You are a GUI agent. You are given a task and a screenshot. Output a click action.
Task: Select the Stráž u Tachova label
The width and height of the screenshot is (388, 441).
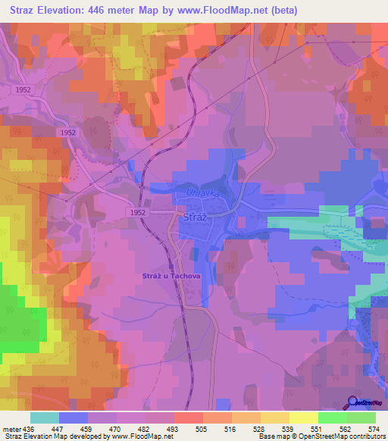[x=171, y=276]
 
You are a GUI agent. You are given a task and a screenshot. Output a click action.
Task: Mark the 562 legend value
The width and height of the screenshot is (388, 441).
[x=346, y=428]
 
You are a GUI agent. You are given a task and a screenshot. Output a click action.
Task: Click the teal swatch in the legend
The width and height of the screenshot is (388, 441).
[x=45, y=418]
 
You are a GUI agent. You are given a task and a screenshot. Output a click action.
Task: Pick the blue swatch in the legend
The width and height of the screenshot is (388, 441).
[x=74, y=418]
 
